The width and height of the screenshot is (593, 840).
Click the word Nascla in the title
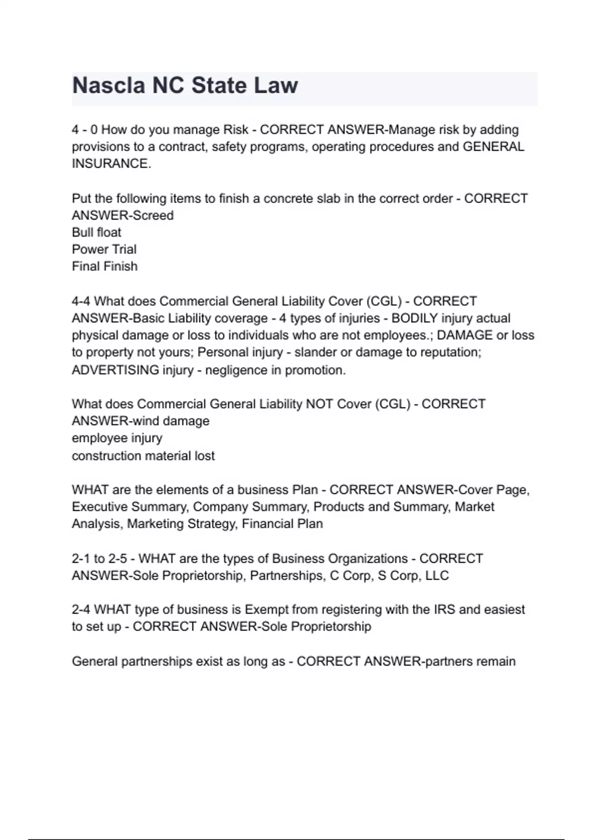[109, 85]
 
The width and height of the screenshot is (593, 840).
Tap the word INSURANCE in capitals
[110, 164]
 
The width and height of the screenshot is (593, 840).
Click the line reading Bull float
[96, 232]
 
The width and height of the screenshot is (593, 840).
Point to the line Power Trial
[104, 249]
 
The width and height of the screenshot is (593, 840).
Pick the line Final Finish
[105, 266]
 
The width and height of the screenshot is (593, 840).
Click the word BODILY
[414, 318]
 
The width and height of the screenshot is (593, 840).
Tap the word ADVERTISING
[115, 370]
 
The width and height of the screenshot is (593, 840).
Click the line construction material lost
[143, 456]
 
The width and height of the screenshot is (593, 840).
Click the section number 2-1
[81, 559]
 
